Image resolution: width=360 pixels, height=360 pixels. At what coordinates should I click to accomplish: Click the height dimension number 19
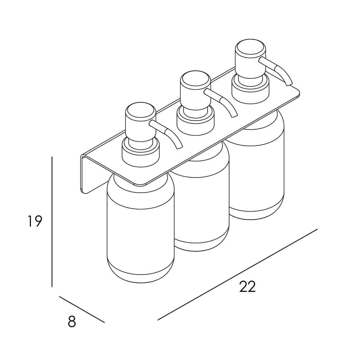[x=35, y=221]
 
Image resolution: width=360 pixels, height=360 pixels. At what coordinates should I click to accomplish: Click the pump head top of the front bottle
[x=140, y=112]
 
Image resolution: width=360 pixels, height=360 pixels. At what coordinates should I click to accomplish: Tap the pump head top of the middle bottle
[x=195, y=80]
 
